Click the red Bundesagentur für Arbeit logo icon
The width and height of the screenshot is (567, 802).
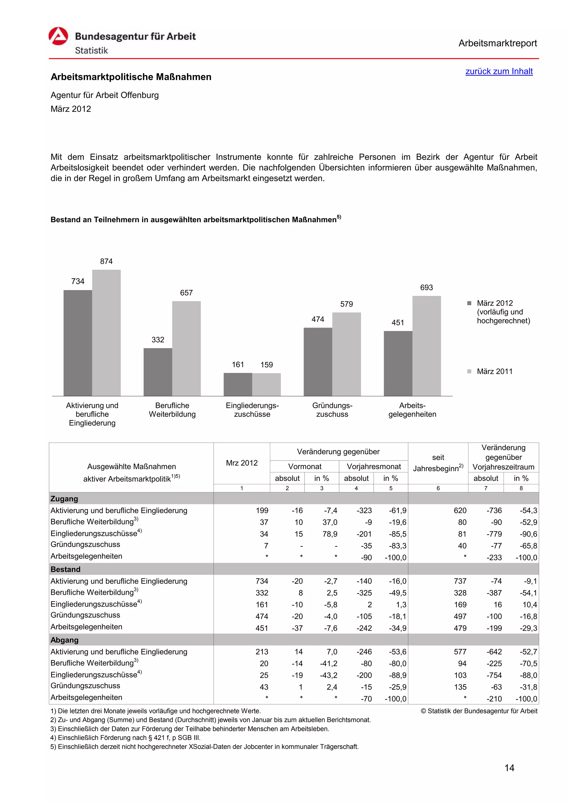[x=58, y=36]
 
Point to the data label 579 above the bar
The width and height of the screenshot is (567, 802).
[x=346, y=304]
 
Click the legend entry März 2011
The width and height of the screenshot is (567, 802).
[x=494, y=371]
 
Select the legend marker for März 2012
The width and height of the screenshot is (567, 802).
[x=469, y=303]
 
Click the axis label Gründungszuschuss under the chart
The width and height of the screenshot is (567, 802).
[x=332, y=410]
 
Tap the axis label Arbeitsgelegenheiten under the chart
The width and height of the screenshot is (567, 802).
[x=412, y=410]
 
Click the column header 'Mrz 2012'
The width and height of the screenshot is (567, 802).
[x=241, y=463]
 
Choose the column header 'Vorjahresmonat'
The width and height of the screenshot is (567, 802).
[x=373, y=466]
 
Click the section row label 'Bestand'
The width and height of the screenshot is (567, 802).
[x=65, y=569]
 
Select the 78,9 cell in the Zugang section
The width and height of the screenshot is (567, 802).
[x=329, y=534]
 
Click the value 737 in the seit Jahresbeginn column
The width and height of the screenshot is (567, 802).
[x=460, y=581]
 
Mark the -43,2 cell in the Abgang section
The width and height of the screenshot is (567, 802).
[x=328, y=675]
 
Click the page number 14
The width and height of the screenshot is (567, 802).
[x=509, y=768]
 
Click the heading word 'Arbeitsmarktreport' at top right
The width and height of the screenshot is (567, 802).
[x=497, y=43]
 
